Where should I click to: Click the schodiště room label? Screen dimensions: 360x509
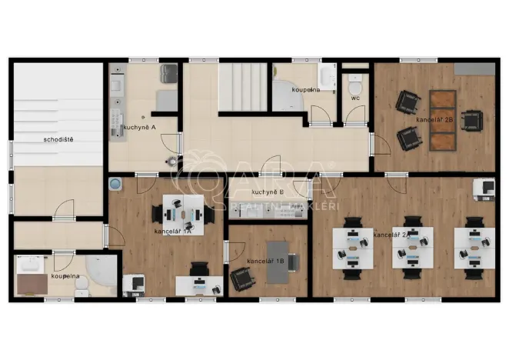tap(58, 139)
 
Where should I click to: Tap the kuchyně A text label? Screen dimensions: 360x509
tap(139, 126)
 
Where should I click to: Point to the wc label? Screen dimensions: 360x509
tap(355, 98)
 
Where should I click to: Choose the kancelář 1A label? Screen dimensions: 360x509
tap(172, 230)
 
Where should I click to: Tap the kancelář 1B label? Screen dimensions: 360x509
tap(266, 262)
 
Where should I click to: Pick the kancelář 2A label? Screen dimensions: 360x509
tap(391, 234)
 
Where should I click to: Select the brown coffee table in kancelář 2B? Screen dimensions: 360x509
tap(441, 120)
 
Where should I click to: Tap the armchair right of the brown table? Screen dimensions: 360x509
tap(471, 120)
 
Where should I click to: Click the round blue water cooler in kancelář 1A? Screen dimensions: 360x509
tap(115, 185)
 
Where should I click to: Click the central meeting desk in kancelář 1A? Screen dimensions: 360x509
tap(183, 212)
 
